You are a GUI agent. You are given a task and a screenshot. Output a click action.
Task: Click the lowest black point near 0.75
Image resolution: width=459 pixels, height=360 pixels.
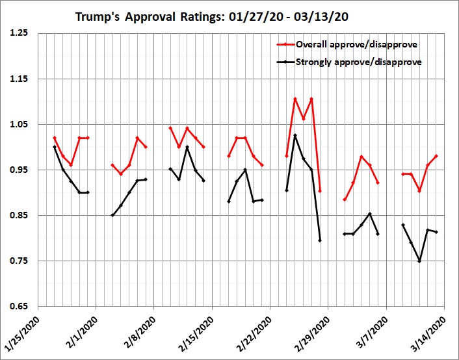[419, 261]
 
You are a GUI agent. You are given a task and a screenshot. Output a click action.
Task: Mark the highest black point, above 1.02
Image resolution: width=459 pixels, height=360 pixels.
[295, 135]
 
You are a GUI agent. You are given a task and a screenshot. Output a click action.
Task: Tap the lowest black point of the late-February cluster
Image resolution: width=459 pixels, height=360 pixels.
[320, 240]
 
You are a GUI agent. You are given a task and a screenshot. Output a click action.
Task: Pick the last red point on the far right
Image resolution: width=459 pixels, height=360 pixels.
[436, 156]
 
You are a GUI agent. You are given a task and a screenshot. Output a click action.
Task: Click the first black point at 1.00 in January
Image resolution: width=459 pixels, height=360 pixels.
[55, 147]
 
